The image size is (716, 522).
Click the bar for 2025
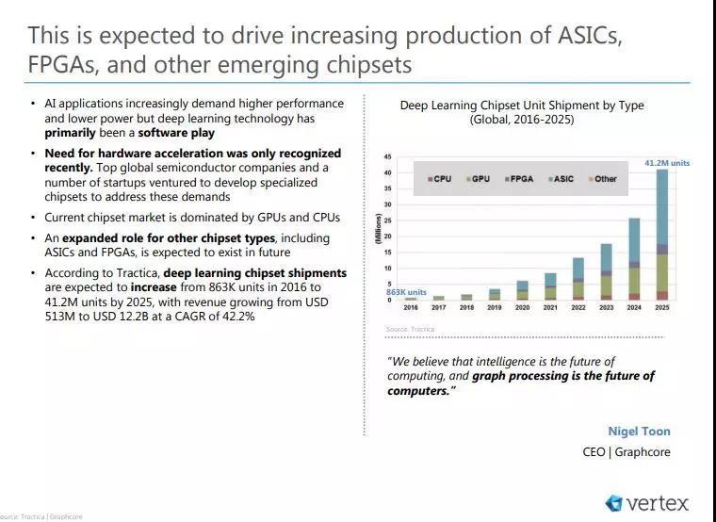click(662, 236)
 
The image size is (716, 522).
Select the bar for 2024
click(635, 259)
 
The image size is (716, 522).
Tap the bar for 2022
click(578, 278)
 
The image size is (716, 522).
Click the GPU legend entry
click(479, 178)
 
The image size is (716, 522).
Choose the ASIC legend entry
click(562, 178)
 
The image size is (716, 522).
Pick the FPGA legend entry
click(520, 178)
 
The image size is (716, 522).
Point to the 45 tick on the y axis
click(387, 156)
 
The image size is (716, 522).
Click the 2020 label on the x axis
click(522, 308)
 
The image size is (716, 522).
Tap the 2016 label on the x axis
click(411, 308)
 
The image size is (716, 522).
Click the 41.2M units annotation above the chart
click(667, 163)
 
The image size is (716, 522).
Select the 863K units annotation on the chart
click(406, 292)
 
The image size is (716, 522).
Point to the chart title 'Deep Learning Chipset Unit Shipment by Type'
click(522, 106)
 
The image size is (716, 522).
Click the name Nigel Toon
click(639, 432)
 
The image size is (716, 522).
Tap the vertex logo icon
click(614, 503)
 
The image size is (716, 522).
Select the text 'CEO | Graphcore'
click(626, 452)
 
